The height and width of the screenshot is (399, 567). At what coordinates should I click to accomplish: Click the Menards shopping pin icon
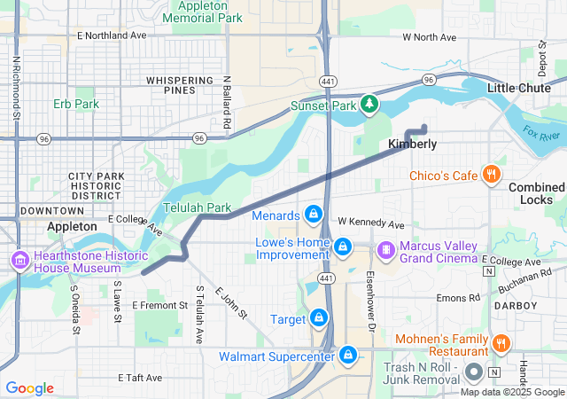pyautogui.click(x=313, y=215)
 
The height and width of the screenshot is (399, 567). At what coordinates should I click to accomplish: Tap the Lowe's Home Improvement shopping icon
pyautogui.click(x=343, y=245)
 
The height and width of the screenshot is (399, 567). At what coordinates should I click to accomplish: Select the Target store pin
pyautogui.click(x=317, y=317)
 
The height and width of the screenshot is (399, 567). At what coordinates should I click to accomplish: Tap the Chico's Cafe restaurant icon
pyautogui.click(x=490, y=174)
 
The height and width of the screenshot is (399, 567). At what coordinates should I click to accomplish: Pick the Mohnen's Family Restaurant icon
pyautogui.click(x=501, y=343)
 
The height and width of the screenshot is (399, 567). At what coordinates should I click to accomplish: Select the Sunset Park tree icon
pyautogui.click(x=369, y=106)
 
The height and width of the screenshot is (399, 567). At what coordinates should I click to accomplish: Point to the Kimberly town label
pyautogui.click(x=412, y=144)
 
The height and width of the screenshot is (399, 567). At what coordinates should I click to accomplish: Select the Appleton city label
pyautogui.click(x=72, y=227)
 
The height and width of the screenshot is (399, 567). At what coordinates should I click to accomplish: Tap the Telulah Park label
pyautogui.click(x=197, y=207)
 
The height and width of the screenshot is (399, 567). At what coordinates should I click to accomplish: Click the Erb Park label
pyautogui.click(x=75, y=104)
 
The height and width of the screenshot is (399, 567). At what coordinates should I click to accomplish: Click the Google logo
pyautogui.click(x=29, y=388)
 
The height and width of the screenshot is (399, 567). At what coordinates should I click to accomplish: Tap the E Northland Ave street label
pyautogui.click(x=112, y=35)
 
